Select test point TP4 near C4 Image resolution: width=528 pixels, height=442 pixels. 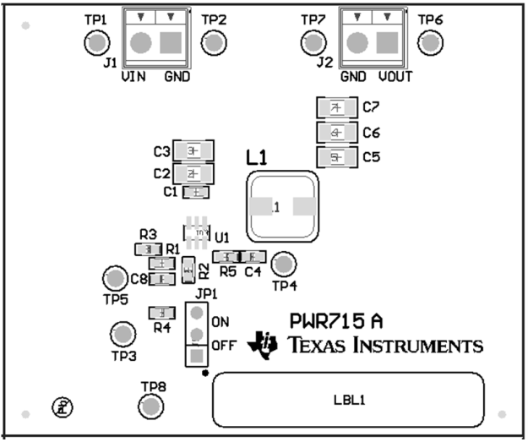285,265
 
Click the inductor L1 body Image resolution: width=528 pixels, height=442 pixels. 281,206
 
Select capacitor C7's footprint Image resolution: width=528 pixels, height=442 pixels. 336,108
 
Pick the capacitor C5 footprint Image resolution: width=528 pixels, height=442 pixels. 336,156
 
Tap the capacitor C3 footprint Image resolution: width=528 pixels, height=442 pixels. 192,151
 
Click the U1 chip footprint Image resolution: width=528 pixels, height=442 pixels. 198,231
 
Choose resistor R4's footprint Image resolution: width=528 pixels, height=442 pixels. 161,313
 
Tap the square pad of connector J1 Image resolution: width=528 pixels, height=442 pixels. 172,42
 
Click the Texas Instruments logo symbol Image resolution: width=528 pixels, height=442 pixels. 263,341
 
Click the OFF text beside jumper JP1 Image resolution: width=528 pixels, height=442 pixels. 223,345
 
